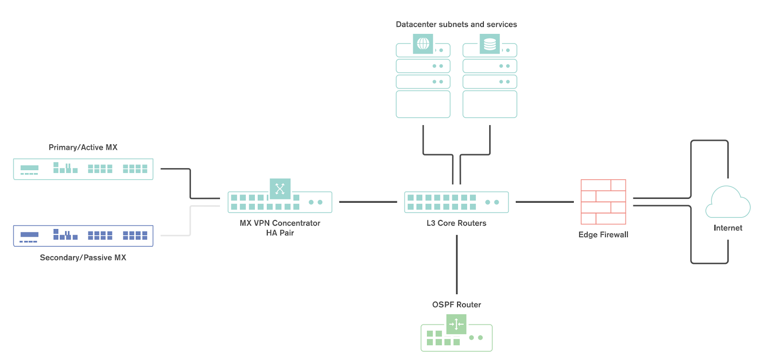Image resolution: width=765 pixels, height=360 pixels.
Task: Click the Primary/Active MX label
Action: pyautogui.click(x=83, y=147)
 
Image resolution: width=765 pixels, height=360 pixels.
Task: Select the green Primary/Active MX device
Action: pyautogui.click(x=83, y=169)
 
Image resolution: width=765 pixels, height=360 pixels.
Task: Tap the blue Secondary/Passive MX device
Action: pyautogui.click(x=83, y=236)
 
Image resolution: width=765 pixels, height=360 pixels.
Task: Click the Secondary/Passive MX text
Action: pyautogui.click(x=83, y=257)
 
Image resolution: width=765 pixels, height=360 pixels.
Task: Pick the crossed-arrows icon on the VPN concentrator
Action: pyautogui.click(x=280, y=188)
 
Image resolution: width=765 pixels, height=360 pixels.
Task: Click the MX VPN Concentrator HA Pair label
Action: pyautogui.click(x=280, y=228)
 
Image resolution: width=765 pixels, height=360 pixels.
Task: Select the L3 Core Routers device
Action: pyautogui.click(x=456, y=202)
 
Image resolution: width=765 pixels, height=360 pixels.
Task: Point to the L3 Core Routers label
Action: pyautogui.click(x=456, y=223)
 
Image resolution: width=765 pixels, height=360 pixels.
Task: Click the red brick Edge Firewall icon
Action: pyautogui.click(x=603, y=202)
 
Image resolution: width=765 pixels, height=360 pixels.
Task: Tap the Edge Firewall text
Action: pyautogui.click(x=603, y=234)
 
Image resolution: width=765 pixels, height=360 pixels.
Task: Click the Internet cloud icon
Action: pyautogui.click(x=728, y=202)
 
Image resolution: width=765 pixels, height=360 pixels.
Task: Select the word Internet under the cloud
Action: pyautogui.click(x=728, y=228)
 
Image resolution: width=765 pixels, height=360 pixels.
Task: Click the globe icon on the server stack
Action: pyautogui.click(x=423, y=44)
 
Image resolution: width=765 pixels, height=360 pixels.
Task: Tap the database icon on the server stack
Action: pyautogui.click(x=490, y=44)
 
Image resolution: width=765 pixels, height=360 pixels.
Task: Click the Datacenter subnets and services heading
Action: pyautogui.click(x=456, y=24)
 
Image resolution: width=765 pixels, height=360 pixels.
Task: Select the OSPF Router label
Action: pyautogui.click(x=456, y=305)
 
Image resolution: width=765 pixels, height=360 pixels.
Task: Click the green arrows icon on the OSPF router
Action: pyautogui.click(x=456, y=324)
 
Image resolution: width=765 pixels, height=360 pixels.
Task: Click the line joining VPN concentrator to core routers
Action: pyautogui.click(x=368, y=202)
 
